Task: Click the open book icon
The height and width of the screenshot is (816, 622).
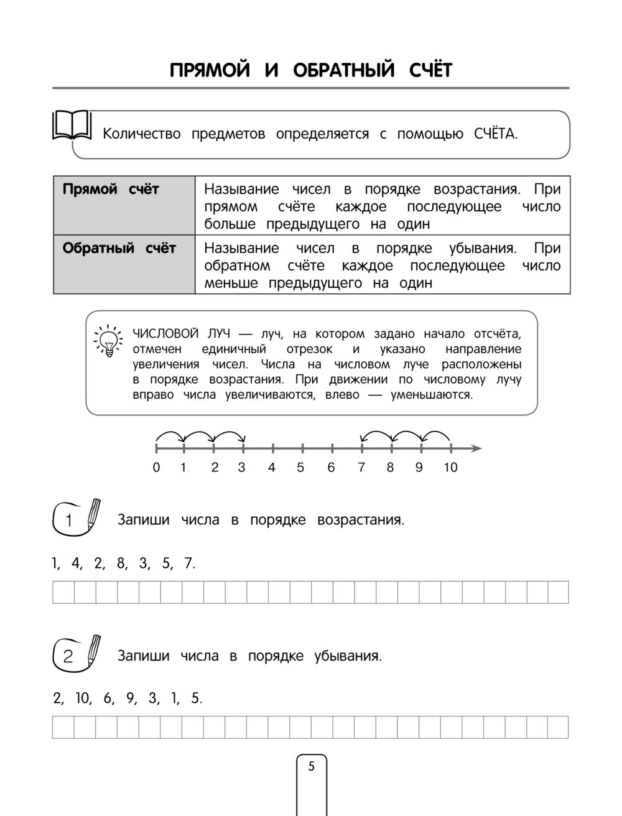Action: [x=72, y=126]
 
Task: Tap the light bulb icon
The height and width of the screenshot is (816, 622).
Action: [x=108, y=340]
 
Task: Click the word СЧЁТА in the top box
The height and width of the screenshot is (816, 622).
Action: [x=495, y=134]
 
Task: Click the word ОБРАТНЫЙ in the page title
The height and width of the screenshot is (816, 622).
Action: [x=343, y=70]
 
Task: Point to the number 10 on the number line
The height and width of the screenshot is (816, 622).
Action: [x=450, y=468]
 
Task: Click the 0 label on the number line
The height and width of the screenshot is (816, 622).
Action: [x=156, y=468]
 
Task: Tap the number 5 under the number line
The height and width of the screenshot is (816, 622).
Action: [x=301, y=468]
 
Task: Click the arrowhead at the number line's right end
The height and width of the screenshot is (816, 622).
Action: [x=476, y=448]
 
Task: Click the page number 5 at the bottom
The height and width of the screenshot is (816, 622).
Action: [x=312, y=767]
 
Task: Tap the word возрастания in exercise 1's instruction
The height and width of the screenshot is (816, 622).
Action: [x=360, y=520]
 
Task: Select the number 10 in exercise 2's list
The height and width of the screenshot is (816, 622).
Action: [x=82, y=698]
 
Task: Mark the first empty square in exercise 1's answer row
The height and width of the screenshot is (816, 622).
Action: [x=63, y=592]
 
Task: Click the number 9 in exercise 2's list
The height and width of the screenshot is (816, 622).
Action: [x=131, y=698]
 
